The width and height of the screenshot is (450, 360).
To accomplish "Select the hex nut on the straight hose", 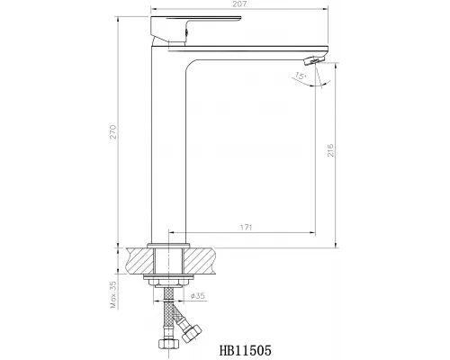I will click(167, 344).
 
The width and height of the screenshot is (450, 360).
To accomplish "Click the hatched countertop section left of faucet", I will click(139, 260).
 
